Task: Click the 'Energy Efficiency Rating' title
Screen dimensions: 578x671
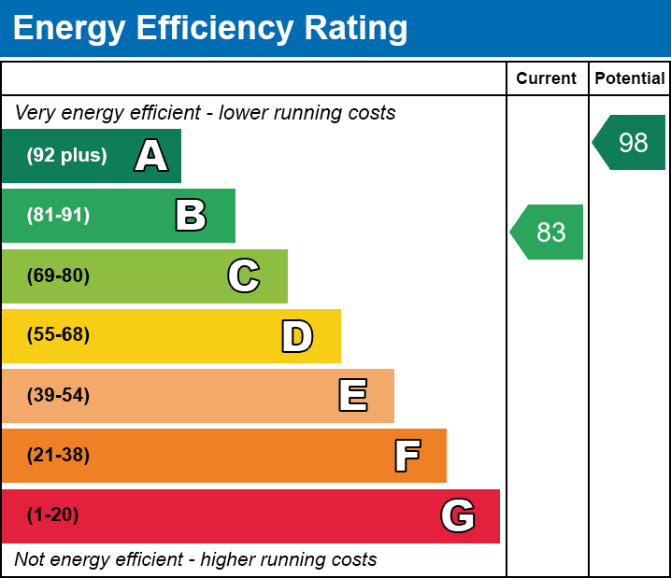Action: click(210, 28)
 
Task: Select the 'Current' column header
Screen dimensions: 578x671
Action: click(547, 78)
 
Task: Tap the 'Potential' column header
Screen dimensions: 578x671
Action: click(630, 78)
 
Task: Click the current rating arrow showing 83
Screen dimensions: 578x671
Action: click(548, 232)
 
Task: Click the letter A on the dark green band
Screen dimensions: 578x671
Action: click(151, 156)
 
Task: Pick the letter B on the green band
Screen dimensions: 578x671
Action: click(191, 216)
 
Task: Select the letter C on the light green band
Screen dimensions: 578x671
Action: click(244, 275)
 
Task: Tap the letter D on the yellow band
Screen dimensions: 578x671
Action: click(297, 336)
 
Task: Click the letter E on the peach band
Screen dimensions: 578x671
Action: click(352, 396)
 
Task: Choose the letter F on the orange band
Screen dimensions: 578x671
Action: click(407, 456)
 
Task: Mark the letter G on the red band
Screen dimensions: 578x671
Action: click(458, 515)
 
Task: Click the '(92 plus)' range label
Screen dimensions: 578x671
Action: click(66, 156)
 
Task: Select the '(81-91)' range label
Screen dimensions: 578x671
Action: click(58, 216)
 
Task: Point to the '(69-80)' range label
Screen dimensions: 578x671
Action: click(58, 275)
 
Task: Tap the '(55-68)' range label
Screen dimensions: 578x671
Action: click(58, 335)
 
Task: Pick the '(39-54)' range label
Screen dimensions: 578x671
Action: click(58, 396)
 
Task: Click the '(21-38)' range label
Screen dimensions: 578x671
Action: click(58, 456)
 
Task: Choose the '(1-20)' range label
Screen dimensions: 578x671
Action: click(53, 515)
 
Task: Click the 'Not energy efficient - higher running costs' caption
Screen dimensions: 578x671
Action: click(195, 560)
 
